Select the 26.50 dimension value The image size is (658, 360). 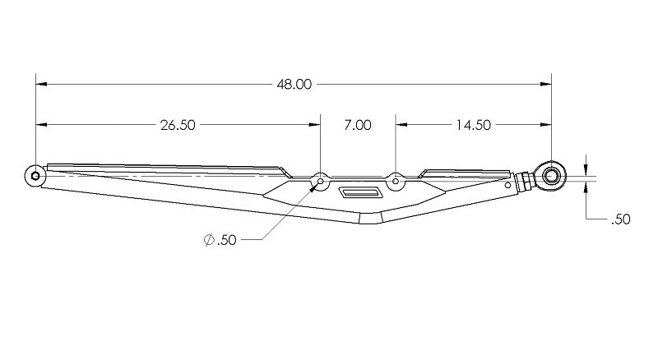178,125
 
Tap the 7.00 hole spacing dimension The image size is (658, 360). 358,125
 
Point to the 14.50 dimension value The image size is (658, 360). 473,125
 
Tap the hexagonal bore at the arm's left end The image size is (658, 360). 35,175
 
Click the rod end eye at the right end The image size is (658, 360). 550,173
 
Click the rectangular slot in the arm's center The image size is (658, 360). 359,193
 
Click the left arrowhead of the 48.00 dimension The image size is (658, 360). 40,84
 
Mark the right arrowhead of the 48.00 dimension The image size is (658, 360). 546,84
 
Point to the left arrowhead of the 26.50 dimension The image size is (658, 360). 40,125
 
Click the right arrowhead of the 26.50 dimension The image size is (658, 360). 315,125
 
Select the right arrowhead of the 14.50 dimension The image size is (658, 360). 546,125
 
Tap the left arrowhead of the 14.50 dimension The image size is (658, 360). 401,125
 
